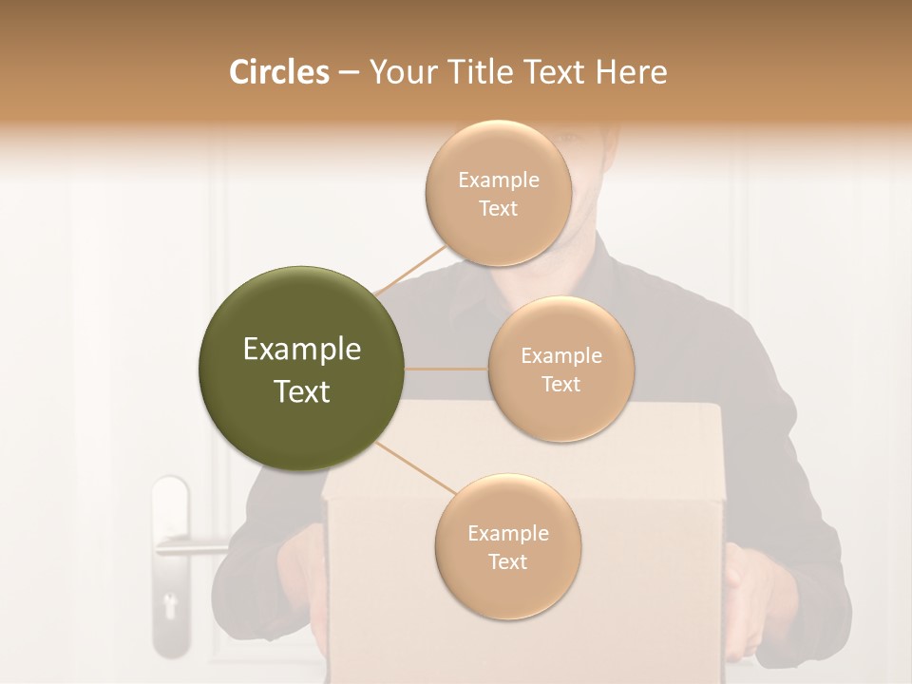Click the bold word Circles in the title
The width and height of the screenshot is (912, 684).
(279, 72)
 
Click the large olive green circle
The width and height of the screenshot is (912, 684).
(302, 369)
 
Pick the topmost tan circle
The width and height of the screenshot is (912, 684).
(498, 193)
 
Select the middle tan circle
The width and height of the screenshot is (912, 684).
(560, 369)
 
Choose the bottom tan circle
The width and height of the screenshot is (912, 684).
(507, 546)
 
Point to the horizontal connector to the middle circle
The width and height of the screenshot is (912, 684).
(446, 369)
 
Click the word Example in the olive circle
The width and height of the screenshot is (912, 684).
(302, 350)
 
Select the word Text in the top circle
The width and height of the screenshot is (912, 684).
(498, 209)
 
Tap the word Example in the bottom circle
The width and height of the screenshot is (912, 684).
(507, 533)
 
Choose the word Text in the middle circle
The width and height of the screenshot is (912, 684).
(560, 384)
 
